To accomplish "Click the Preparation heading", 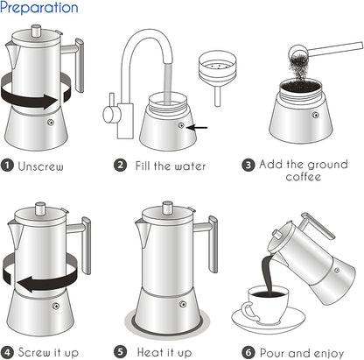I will click(x=39, y=9).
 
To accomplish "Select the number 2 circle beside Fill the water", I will click(x=122, y=164).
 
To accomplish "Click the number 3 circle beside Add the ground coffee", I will click(x=248, y=164).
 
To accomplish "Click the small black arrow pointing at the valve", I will click(x=199, y=126).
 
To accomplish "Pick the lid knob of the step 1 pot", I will click(x=38, y=32).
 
